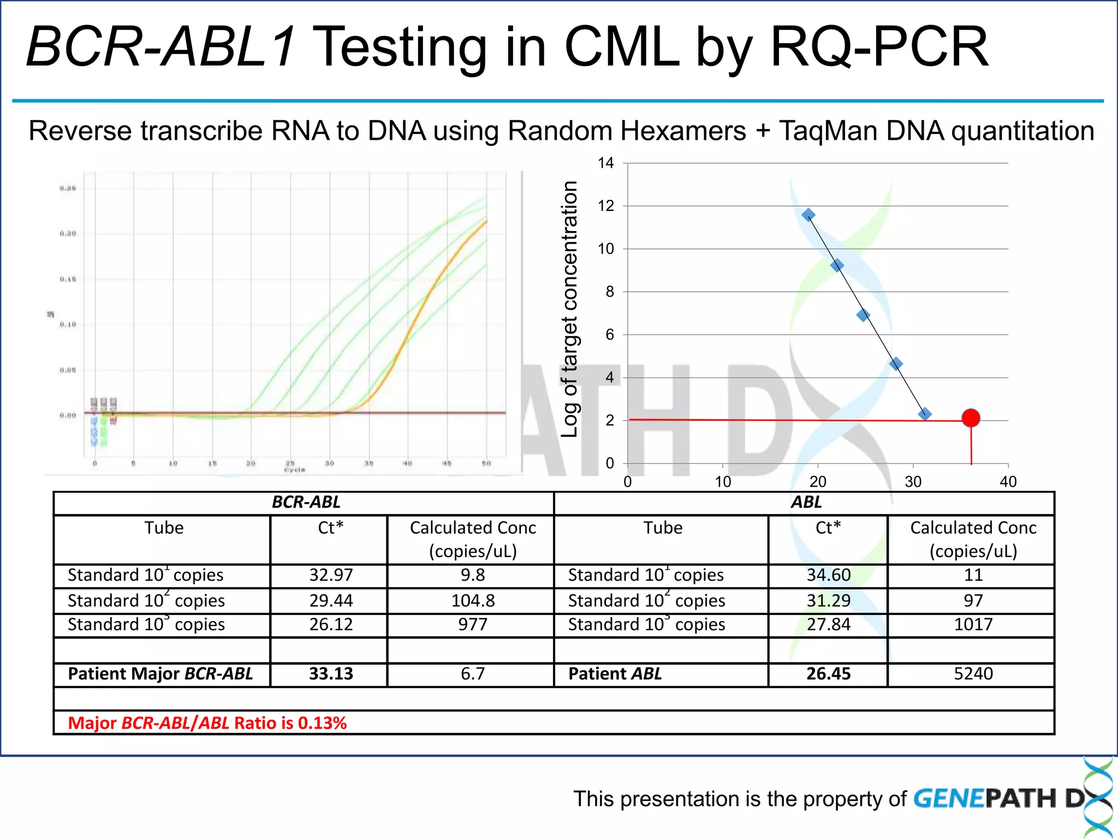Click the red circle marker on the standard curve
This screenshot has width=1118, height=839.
tap(971, 418)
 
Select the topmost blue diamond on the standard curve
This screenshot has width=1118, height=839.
tap(808, 215)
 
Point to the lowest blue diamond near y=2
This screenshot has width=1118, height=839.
tap(925, 414)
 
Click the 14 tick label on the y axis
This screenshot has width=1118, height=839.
tap(605, 163)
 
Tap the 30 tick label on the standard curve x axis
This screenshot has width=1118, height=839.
tap(913, 482)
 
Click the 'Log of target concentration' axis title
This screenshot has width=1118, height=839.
tap(569, 309)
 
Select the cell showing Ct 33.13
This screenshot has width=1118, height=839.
tap(331, 673)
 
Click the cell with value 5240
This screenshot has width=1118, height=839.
tap(973, 673)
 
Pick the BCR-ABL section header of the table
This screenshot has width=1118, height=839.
tap(306, 502)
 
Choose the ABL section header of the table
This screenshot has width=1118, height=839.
tap(806, 502)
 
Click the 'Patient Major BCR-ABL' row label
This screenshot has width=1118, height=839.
tap(160, 673)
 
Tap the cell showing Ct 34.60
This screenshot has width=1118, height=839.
tap(828, 575)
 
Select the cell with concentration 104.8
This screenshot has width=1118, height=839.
tap(473, 601)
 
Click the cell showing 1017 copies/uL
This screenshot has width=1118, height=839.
tap(973, 624)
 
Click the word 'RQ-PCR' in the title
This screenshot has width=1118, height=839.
tap(879, 48)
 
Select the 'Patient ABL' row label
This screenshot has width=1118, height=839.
tap(615, 673)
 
